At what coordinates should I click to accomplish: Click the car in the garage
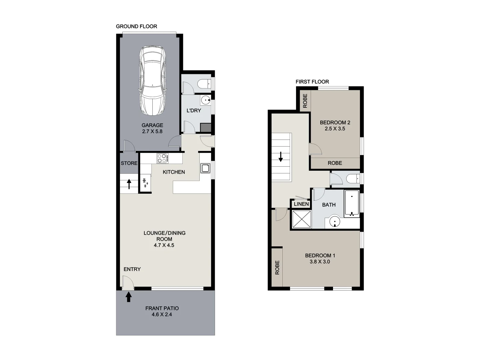point(152,80)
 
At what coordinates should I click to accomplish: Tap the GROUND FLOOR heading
point(136,26)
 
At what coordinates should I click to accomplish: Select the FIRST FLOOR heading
point(312,82)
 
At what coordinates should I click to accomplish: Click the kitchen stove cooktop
point(162,158)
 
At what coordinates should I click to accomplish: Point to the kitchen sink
point(205,168)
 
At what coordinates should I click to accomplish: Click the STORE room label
point(129,163)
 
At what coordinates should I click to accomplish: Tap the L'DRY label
point(194,111)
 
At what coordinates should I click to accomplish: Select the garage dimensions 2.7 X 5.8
point(152,131)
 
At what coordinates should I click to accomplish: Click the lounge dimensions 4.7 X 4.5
point(164,245)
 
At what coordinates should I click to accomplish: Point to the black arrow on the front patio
point(129,297)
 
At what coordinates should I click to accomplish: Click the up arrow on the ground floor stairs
point(129,184)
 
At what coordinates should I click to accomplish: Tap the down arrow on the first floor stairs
point(281,157)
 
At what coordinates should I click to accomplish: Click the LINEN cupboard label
point(301,204)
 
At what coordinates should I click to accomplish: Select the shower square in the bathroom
point(302,219)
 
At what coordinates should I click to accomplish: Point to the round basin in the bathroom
point(335,222)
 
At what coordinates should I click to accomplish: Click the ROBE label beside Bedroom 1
point(277,268)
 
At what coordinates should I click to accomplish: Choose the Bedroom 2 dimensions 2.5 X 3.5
point(335,129)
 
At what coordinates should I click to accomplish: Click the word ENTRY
point(132,269)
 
